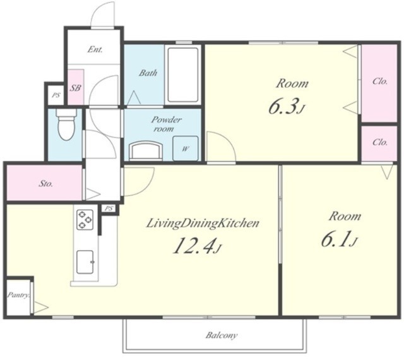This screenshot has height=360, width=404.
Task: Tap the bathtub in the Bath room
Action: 183,75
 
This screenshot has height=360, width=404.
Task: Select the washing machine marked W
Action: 185,148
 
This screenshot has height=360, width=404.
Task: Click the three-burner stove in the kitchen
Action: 85,220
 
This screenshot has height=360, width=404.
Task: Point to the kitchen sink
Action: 85,261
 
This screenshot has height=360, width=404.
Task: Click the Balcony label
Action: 222,335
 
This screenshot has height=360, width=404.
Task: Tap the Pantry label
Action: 18,295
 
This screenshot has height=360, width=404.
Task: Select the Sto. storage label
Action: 46,184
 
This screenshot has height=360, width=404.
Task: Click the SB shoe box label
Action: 75,88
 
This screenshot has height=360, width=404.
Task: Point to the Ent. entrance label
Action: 95,49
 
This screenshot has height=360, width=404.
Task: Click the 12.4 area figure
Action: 198,245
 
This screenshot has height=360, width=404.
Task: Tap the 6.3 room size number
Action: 286,106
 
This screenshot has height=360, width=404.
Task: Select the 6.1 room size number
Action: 339,239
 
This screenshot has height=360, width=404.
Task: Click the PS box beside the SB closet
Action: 56,95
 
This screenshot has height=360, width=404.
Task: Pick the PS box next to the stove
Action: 109,208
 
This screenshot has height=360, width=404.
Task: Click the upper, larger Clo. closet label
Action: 380,81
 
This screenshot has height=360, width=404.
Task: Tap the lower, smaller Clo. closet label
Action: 380,142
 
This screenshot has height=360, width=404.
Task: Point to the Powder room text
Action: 166,124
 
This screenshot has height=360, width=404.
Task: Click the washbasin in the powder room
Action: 146,151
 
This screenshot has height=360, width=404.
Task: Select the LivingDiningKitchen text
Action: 203,224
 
